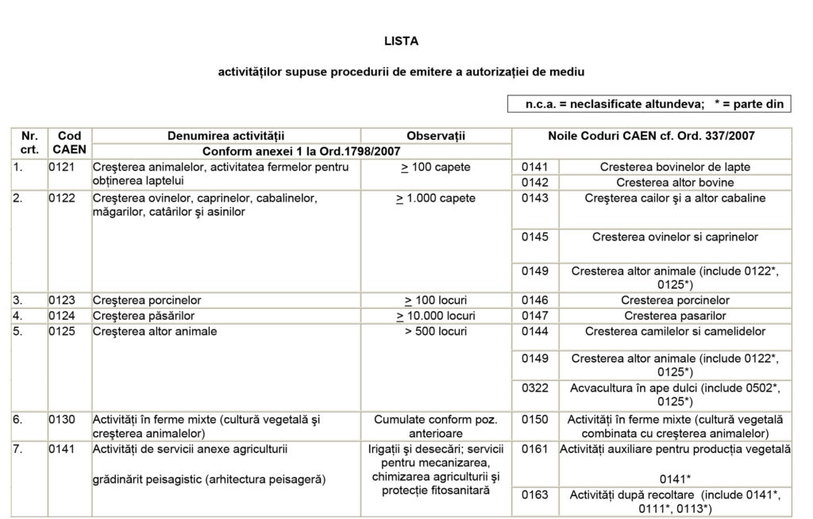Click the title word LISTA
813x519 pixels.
tap(401, 40)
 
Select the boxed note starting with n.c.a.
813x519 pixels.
tap(649, 104)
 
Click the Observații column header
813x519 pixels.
tap(435, 136)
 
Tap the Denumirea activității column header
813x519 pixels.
tap(226, 136)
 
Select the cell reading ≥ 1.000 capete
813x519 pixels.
tap(435, 198)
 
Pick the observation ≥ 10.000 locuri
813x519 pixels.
tap(435, 315)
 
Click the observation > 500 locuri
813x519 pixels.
tap(435, 330)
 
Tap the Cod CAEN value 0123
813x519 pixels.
tap(62, 300)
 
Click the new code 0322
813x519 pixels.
tap(534, 388)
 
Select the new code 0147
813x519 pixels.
tap(534, 315)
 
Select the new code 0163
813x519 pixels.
tap(534, 494)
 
